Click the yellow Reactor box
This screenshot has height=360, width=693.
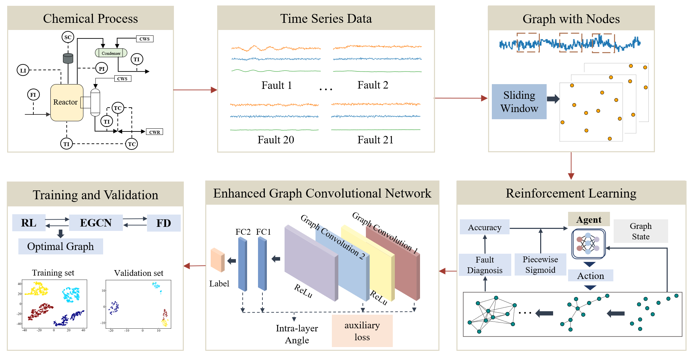pos(67,103)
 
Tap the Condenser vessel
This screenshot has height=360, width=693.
pos(111,53)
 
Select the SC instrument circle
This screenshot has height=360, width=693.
pos(68,37)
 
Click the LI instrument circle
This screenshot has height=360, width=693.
pos(23,71)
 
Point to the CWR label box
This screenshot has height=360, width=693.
pos(155,132)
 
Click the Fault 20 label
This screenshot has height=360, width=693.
pos(276,140)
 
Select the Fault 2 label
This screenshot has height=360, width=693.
pos(373,85)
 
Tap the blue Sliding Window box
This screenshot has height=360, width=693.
pos(519,101)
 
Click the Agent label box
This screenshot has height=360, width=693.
pos(589,220)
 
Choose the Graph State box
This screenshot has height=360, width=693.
pos(641,231)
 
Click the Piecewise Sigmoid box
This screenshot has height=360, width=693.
pos(540,265)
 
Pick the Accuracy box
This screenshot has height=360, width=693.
pos(484,227)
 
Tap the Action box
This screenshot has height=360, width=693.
pos(591,276)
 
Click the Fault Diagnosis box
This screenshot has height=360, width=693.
pos(485,265)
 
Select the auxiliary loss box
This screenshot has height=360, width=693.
pos(362,331)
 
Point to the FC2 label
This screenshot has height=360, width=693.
pos(243,232)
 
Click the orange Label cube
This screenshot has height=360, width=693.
pos(217,260)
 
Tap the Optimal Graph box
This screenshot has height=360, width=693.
pos(61,246)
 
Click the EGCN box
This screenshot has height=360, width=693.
pos(96,223)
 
